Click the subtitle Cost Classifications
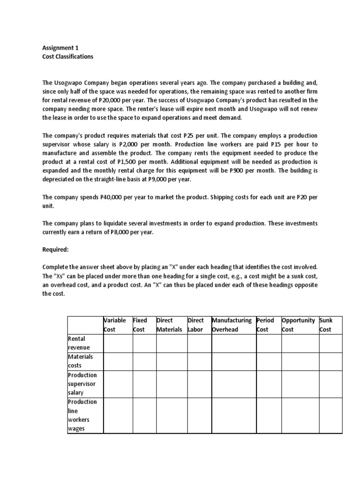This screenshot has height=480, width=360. [x=68, y=57]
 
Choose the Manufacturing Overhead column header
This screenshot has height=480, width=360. [x=232, y=325]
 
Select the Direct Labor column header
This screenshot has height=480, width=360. [x=196, y=325]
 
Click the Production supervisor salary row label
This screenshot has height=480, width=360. [x=82, y=383]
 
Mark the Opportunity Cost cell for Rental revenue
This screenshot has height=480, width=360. [x=300, y=343]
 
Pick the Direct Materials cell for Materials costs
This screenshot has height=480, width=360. [x=172, y=361]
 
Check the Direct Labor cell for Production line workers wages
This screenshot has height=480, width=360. [x=199, y=415]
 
